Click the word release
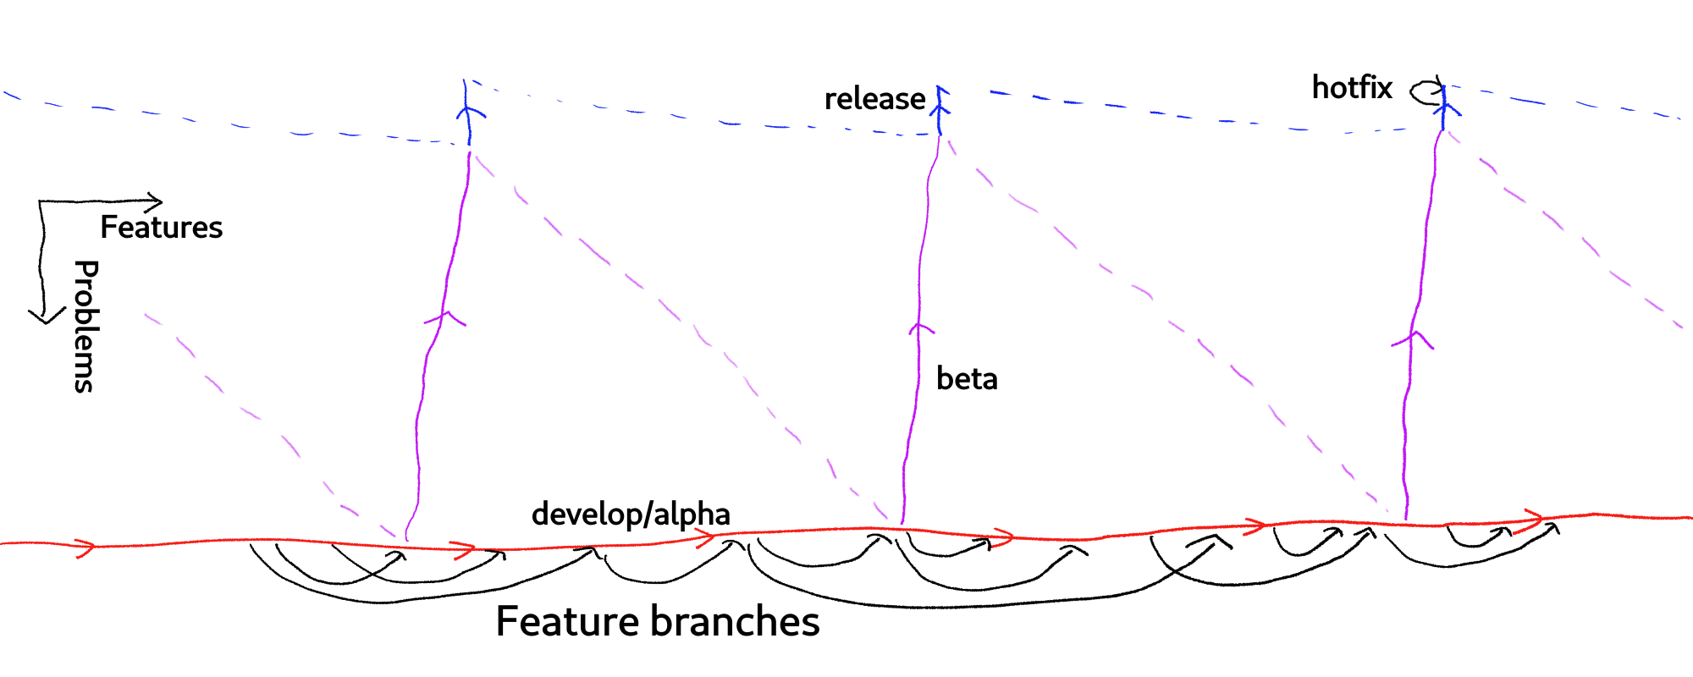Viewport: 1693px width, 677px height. click(x=874, y=99)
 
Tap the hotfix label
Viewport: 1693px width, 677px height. click(x=1351, y=87)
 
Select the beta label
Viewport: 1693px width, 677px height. click(x=967, y=379)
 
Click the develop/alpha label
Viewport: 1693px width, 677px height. click(x=631, y=515)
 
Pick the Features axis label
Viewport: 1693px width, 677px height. click(x=161, y=228)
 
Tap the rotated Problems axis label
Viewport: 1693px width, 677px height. click(x=85, y=326)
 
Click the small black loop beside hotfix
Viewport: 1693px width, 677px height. click(x=1426, y=91)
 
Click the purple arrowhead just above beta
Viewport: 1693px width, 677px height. click(x=921, y=328)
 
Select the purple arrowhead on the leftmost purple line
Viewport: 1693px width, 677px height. click(x=445, y=318)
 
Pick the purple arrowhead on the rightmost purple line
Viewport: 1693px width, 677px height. click(x=1413, y=338)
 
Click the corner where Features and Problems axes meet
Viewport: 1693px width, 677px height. click(x=41, y=202)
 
